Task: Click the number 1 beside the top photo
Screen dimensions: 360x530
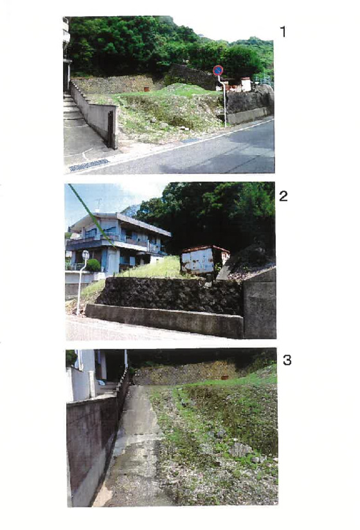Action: coord(283,32)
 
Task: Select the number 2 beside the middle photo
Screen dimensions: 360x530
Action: coord(283,196)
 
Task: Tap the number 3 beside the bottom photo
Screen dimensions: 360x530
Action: coord(287,360)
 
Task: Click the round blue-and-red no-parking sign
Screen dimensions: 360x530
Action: coord(218,70)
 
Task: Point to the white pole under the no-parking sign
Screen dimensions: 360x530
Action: coord(223,102)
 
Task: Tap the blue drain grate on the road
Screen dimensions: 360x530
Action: coord(89,165)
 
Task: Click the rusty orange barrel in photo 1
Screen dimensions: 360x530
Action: coord(146,89)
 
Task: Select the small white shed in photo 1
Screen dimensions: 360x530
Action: coord(246,84)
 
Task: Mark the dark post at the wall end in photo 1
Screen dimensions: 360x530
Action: coord(111,130)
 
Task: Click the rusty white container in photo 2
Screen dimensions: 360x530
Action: coord(203,260)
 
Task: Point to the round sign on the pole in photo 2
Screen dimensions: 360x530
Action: coord(85,255)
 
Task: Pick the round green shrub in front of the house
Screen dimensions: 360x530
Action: coord(93,266)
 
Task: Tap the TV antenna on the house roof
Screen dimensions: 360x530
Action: coord(98,204)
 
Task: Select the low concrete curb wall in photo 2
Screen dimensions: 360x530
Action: coord(164,320)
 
